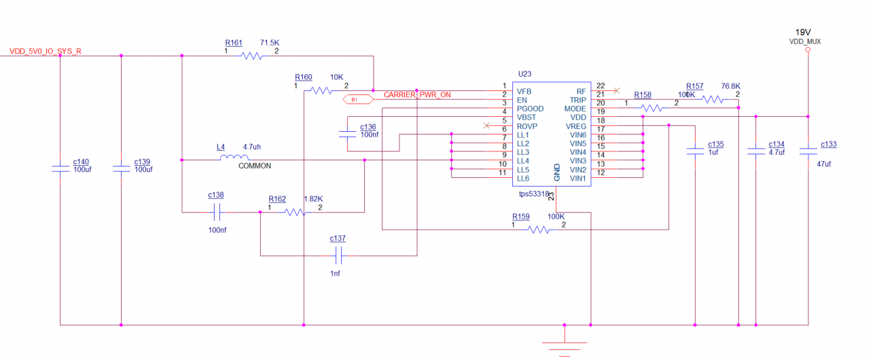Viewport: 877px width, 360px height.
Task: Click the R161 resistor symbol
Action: pyautogui.click(x=252, y=56)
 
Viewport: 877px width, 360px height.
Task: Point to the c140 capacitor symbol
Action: pyautogui.click(x=61, y=169)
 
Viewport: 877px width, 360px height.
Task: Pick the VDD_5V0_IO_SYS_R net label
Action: pyautogui.click(x=46, y=52)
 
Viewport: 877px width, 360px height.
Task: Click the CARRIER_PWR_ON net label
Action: pyautogui.click(x=417, y=94)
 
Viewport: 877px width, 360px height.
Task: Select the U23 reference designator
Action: pyautogui.click(x=525, y=73)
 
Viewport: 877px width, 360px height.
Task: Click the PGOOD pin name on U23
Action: pyautogui.click(x=530, y=109)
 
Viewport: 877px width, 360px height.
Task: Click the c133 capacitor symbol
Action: pyautogui.click(x=808, y=151)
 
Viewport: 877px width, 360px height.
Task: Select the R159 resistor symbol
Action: pyautogui.click(x=540, y=230)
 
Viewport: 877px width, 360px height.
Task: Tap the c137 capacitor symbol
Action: pyautogui.click(x=339, y=255)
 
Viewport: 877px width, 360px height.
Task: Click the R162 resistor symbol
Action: pyautogui.click(x=295, y=212)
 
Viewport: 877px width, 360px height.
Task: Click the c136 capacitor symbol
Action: pyautogui.click(x=348, y=134)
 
